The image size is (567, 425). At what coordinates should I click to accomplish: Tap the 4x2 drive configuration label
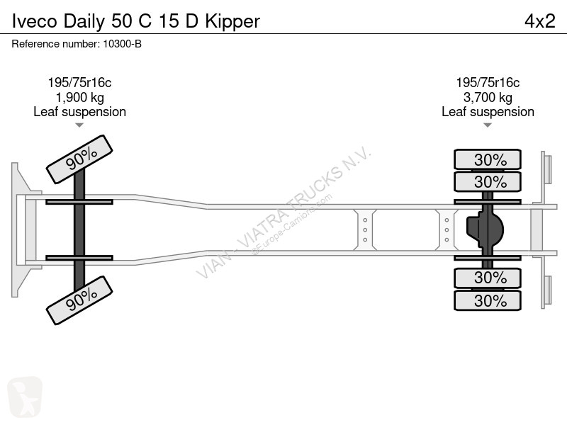point(539,21)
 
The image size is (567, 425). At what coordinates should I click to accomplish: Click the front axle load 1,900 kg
point(79,97)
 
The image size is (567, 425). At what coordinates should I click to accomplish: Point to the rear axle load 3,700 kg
point(488,97)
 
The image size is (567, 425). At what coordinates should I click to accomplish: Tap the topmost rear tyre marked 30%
point(488,159)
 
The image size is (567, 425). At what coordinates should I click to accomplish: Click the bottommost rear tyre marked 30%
point(488,300)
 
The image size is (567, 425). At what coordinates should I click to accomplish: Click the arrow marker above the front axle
point(79,125)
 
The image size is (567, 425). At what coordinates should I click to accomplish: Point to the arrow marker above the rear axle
point(488,125)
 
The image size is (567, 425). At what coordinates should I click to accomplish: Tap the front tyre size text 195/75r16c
point(79,83)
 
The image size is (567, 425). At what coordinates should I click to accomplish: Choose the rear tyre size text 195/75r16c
point(488,83)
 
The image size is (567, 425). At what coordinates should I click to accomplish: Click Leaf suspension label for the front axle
point(79,111)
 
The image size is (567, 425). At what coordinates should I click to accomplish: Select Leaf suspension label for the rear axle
point(488,111)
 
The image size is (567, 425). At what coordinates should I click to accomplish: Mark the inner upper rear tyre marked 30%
point(488,182)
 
